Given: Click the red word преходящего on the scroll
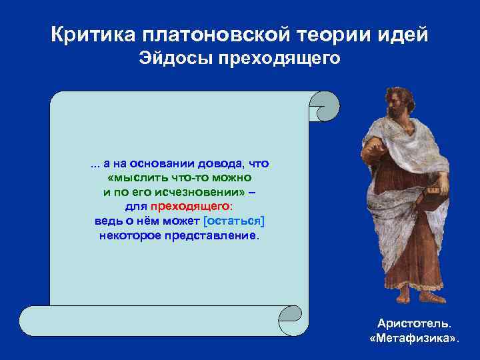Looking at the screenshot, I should pyautogui.click(x=190, y=207).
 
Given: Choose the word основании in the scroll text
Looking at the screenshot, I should pyautogui.click(x=158, y=163).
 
